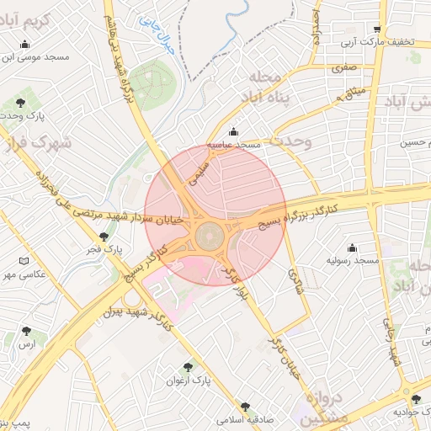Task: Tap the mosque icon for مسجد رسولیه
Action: pos(352,247)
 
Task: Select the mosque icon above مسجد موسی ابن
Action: pos(26,44)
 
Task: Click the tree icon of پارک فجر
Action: pos(104,237)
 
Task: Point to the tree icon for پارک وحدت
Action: pos(20,103)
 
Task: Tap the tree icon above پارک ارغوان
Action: pos(198,366)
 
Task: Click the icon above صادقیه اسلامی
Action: pos(245,407)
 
